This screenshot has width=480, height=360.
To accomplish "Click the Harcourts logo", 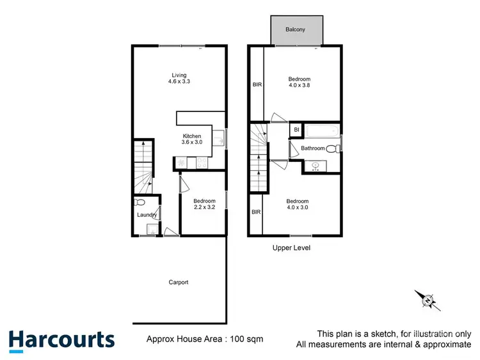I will [x=61, y=340].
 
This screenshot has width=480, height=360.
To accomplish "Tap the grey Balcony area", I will [x=296, y=30].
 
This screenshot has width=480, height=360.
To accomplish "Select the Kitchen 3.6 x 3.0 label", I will [x=192, y=139].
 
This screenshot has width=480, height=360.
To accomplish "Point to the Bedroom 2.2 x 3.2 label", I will [x=204, y=204].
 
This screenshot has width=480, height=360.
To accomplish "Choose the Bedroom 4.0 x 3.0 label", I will [x=298, y=204].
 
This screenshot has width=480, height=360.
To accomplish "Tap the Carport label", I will [x=178, y=282].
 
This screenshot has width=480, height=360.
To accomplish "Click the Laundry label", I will [x=147, y=215].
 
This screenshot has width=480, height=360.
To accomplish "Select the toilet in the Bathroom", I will [x=332, y=149].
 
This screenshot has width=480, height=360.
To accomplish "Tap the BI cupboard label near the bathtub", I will [x=296, y=130].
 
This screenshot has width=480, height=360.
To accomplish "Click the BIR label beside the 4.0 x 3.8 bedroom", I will [x=256, y=84].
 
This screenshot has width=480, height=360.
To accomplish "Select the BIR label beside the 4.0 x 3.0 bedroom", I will [x=256, y=212].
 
